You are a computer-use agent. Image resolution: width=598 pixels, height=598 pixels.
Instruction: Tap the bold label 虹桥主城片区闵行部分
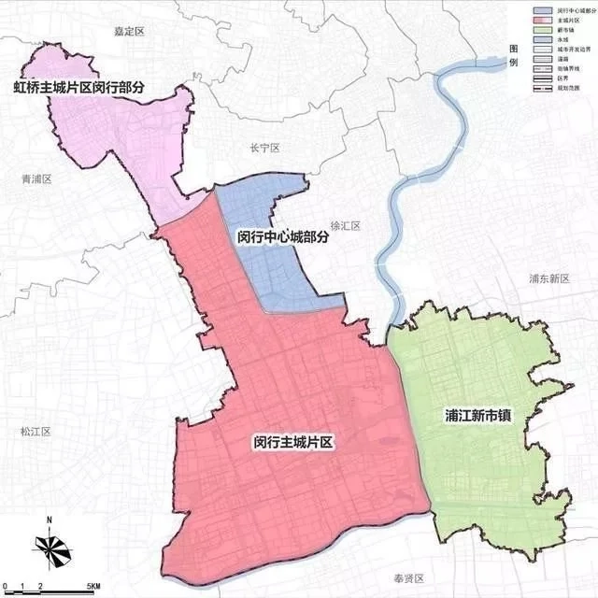click(79, 88)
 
